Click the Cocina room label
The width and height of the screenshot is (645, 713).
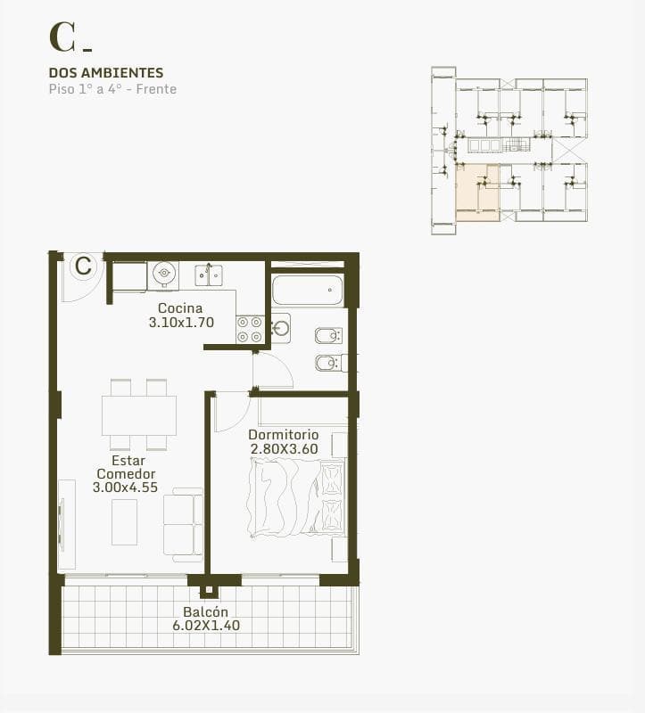180,308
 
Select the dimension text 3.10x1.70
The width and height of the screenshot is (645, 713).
181,323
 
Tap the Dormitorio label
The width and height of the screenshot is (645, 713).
283,435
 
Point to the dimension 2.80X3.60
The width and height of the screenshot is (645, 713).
284,449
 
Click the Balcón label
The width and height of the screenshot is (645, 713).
206,611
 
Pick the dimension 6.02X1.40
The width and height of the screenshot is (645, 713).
206,626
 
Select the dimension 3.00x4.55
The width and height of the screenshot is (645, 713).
125,488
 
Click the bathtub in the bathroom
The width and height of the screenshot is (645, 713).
307,290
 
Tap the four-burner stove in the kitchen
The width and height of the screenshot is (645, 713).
250,330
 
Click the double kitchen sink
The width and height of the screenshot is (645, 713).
209,275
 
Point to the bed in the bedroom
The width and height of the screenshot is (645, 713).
296,497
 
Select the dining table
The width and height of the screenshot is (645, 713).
139,415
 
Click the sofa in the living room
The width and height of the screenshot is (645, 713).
183,525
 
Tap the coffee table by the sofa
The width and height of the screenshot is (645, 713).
124,522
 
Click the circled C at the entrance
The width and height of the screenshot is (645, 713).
83,266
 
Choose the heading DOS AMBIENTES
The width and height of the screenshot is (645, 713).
106,73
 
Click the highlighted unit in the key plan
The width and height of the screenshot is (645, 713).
477,193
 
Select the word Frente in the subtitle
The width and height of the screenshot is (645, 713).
156,89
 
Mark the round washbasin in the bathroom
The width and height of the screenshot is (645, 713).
281,327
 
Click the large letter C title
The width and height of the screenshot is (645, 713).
62,37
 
